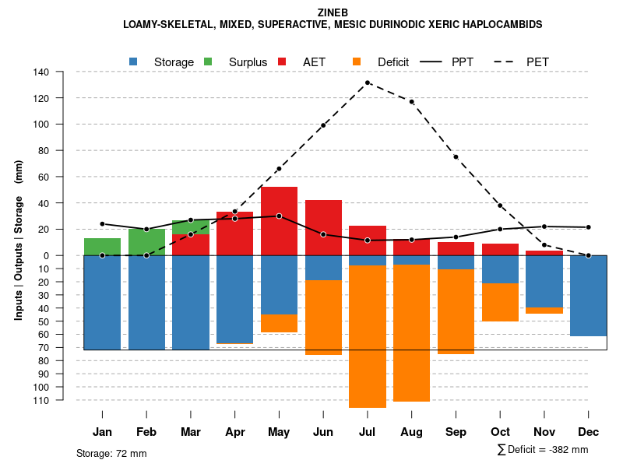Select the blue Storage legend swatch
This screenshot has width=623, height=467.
[134, 61]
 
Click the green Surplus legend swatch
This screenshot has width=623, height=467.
[209, 61]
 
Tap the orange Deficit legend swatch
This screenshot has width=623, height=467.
[357, 61]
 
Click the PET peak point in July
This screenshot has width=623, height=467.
[368, 83]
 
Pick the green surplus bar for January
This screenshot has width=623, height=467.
[102, 247]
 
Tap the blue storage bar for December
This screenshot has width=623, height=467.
[588, 296]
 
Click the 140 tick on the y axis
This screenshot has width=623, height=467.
[63, 72]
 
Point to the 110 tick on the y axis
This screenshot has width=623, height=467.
[63, 400]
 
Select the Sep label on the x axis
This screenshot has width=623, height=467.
[456, 432]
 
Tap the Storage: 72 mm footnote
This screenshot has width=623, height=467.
[111, 453]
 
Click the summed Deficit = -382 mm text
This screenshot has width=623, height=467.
[543, 450]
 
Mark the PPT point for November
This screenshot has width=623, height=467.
[544, 226]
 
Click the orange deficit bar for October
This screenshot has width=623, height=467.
[500, 302]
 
